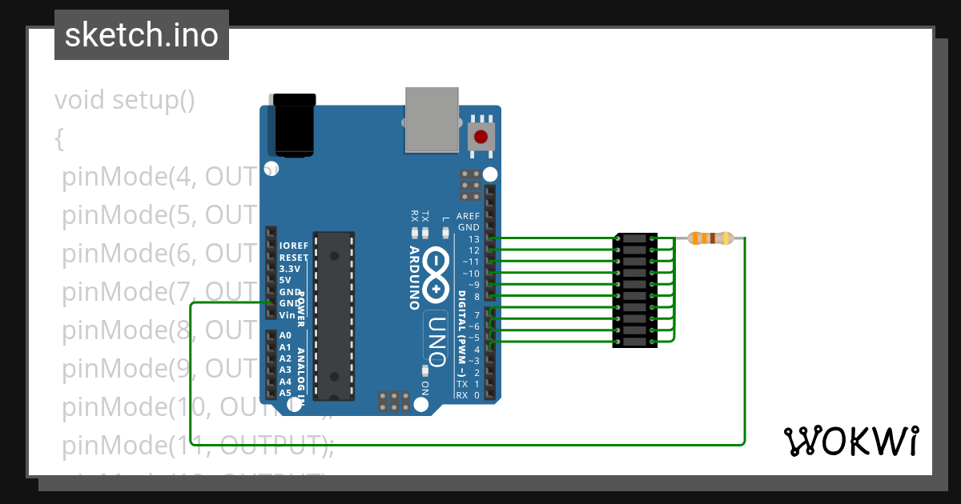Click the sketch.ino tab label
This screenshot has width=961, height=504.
pyautogui.click(x=141, y=35)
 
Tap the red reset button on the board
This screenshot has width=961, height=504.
pyautogui.click(x=480, y=136)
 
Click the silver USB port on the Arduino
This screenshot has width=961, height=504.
pyautogui.click(x=432, y=119)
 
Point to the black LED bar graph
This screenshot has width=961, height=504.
pyautogui.click(x=635, y=290)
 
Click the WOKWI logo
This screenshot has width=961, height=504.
pyautogui.click(x=850, y=441)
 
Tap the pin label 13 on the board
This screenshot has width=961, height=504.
pyautogui.click(x=473, y=239)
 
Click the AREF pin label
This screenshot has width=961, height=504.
pyautogui.click(x=468, y=216)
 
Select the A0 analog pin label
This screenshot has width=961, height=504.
pyautogui.click(x=285, y=336)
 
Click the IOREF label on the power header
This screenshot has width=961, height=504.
pyautogui.click(x=293, y=246)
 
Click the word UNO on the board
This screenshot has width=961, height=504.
pyautogui.click(x=436, y=336)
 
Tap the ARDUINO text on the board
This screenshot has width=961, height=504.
pyautogui.click(x=414, y=277)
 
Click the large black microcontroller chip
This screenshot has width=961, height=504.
pyautogui.click(x=334, y=315)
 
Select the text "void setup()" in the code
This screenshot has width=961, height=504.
pyautogui.click(x=125, y=101)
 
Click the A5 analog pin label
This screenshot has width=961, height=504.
pyautogui.click(x=285, y=393)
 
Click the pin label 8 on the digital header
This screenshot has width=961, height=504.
pyautogui.click(x=476, y=297)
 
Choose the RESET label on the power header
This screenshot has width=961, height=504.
pyautogui.click(x=294, y=258)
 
